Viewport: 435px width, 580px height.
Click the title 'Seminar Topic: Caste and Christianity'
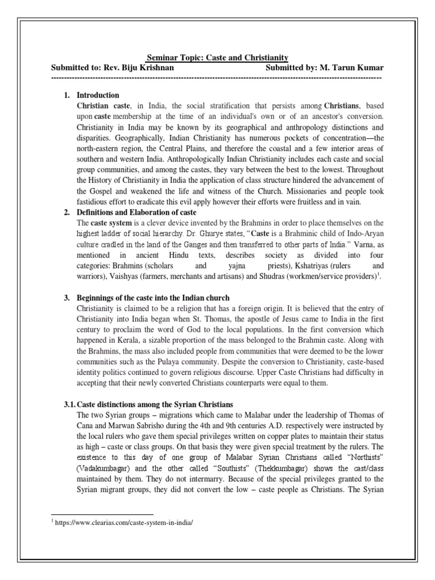pyautogui.click(x=217, y=58)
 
